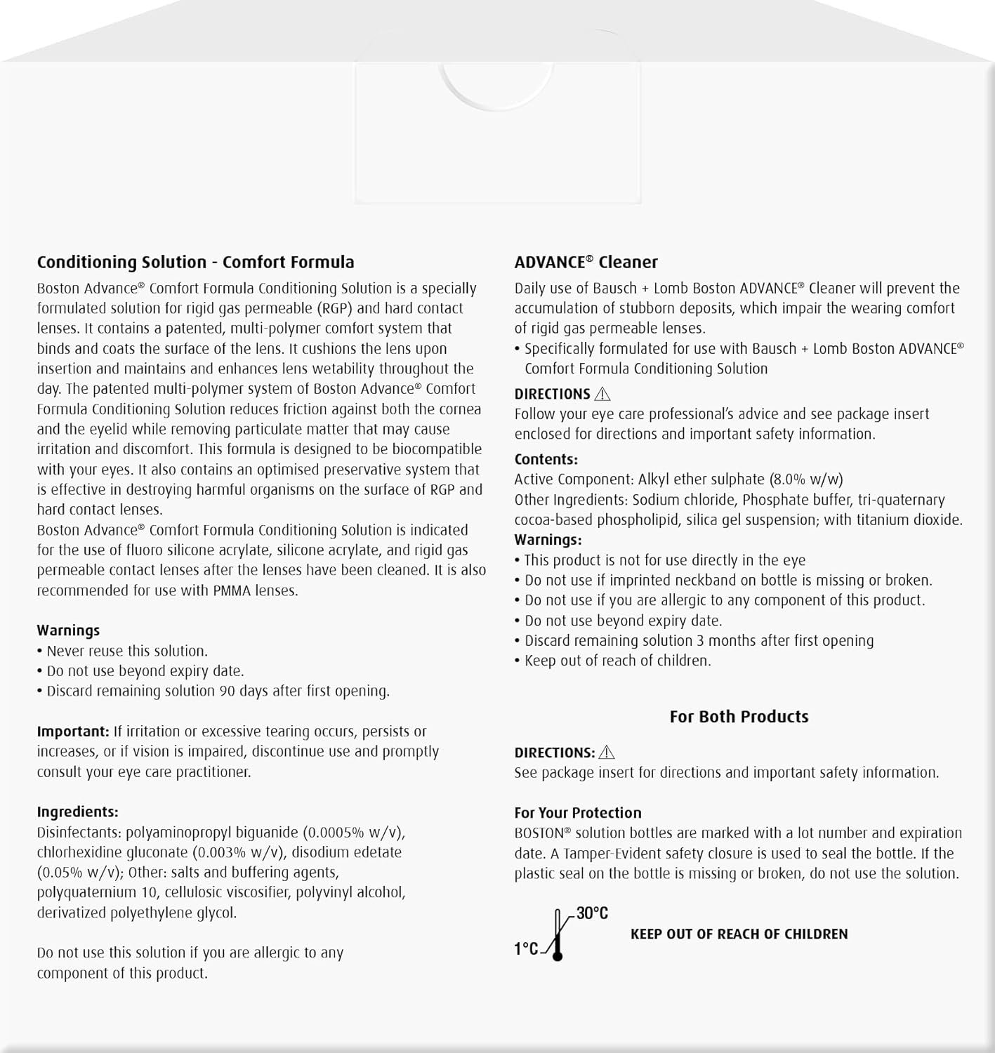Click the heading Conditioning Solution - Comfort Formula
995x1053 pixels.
point(195,263)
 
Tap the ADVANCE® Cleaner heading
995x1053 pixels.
point(586,263)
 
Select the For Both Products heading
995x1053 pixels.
point(739,717)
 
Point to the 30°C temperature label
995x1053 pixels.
point(592,913)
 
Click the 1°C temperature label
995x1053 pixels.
point(526,949)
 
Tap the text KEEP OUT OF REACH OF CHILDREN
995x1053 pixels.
point(739,934)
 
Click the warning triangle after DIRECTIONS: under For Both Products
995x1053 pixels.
point(607,753)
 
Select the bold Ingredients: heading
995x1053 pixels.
point(77,812)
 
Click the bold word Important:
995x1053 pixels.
point(73,731)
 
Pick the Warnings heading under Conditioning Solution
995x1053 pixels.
point(68,630)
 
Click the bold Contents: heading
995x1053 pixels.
point(546,460)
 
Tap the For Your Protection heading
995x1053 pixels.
point(577,813)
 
